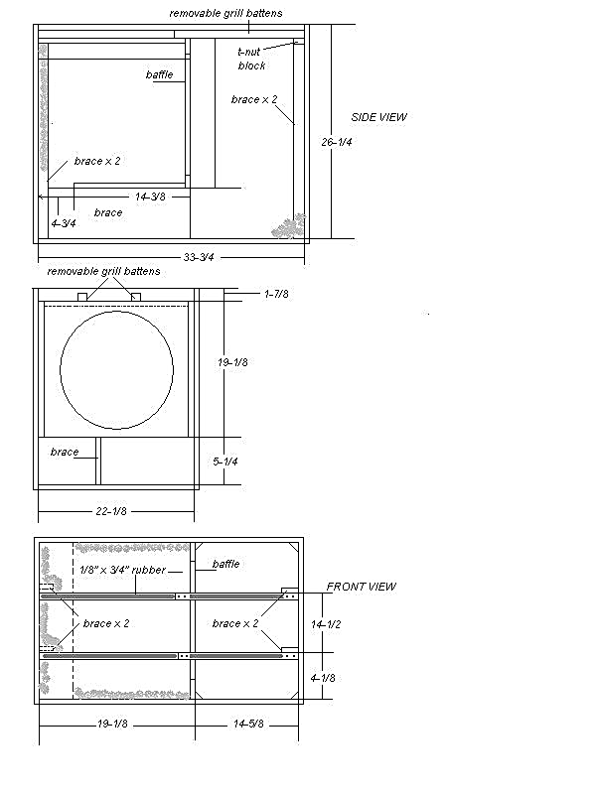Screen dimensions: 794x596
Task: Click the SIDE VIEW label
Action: pos(379,117)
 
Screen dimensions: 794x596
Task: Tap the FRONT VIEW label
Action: pos(362,587)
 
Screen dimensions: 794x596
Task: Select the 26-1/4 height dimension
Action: pos(338,142)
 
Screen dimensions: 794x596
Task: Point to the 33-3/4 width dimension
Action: pos(200,257)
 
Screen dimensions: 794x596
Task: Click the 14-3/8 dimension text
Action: pos(149,197)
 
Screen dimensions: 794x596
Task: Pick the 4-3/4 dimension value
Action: pos(64,222)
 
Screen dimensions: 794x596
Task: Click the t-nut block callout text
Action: pos(251,59)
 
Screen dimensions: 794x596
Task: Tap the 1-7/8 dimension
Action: pos(277,294)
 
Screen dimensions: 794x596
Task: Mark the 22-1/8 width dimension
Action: pos(116,511)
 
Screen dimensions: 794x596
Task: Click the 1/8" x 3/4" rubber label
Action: pos(122,571)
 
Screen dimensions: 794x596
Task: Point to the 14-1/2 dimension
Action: pos(325,624)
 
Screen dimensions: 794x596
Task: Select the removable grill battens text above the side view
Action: pos(225,13)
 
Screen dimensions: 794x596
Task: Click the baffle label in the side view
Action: pos(159,74)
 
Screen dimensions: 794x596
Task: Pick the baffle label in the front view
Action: pos(225,564)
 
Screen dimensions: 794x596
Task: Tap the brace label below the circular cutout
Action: pos(65,452)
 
